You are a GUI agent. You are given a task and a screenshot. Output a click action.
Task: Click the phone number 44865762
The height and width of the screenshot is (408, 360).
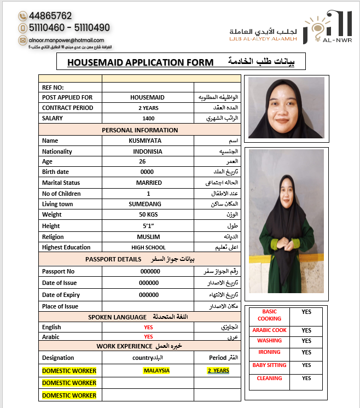(50, 16)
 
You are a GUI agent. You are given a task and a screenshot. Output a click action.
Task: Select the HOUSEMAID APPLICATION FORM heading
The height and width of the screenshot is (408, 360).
(140, 62)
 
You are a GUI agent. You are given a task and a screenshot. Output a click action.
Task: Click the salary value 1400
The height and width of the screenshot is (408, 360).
(148, 118)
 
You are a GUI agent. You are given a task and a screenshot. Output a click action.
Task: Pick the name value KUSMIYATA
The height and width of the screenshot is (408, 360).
(148, 141)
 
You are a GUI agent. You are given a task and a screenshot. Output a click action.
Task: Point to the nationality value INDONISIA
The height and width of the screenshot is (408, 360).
(148, 151)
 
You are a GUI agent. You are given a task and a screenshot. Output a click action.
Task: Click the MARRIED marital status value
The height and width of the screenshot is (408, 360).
(148, 183)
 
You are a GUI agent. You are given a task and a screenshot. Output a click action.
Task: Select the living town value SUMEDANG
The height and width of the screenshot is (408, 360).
(148, 204)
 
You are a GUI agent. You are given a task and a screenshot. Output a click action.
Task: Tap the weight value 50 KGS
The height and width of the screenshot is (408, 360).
(148, 214)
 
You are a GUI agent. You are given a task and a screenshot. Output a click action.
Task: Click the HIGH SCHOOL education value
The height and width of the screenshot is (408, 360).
(148, 247)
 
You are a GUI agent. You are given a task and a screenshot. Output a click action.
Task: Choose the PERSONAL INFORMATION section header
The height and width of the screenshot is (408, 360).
(140, 130)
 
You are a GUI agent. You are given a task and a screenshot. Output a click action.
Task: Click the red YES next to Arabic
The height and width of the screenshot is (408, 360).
(148, 337)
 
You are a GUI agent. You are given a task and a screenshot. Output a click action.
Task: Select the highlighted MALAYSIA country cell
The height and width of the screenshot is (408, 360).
(156, 370)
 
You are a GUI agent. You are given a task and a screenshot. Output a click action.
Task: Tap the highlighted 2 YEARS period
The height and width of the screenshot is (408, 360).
(218, 371)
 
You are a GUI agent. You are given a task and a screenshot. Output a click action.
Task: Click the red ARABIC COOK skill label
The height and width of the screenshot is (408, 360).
(269, 330)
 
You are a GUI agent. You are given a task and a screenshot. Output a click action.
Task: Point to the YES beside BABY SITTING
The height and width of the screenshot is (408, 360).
(306, 365)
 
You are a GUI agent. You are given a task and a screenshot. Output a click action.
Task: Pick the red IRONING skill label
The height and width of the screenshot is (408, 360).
(269, 352)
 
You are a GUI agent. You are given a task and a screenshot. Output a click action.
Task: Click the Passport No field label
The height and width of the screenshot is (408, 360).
(58, 271)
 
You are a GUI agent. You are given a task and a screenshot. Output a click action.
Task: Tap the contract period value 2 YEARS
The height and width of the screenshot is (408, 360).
(148, 108)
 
